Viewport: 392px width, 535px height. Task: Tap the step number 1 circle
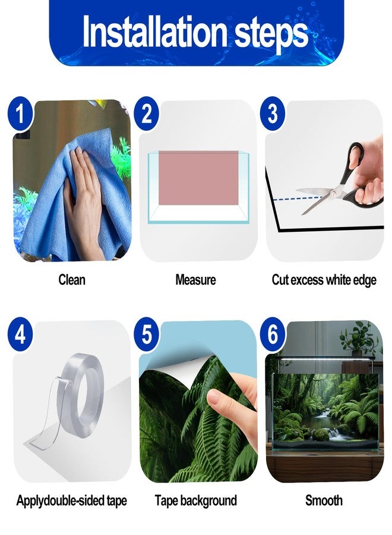(20, 114)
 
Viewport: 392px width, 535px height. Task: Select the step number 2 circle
(147, 114)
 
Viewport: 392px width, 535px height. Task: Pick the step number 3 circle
(273, 114)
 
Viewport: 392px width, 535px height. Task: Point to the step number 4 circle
(20, 334)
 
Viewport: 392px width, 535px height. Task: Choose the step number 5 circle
(147, 334)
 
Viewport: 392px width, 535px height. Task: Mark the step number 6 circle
(273, 334)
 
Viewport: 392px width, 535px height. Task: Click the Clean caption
(72, 280)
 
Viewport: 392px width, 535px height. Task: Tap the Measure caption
(195, 280)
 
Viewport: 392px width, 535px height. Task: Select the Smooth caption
(324, 501)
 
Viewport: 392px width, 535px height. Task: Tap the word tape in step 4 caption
(116, 501)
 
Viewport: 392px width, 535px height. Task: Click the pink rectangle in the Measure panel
(198, 178)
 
